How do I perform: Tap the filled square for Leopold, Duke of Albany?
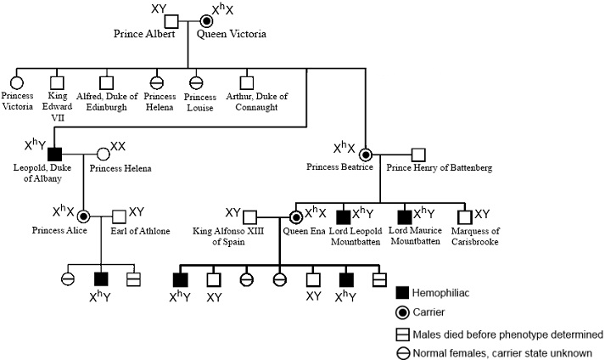[x=55, y=155]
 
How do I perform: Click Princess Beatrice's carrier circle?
[x=366, y=155]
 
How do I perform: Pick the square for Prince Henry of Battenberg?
[x=417, y=155]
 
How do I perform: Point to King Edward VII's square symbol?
[x=57, y=82]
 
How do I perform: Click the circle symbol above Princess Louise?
[x=194, y=82]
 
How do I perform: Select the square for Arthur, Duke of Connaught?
[x=247, y=82]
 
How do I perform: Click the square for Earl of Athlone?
[x=120, y=217]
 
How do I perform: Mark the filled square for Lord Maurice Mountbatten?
[x=406, y=217]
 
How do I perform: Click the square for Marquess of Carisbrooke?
[x=465, y=217]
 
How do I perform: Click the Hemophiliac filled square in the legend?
[x=403, y=292]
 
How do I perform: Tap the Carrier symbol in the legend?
[x=403, y=312]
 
